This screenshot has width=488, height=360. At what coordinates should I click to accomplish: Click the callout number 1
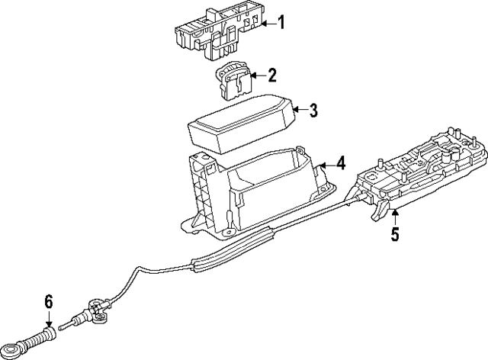tap(280, 24)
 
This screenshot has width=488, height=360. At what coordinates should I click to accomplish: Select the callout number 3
tap(313, 111)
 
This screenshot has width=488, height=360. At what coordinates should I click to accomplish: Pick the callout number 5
tap(394, 235)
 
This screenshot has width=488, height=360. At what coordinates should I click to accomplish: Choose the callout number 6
tap(50, 302)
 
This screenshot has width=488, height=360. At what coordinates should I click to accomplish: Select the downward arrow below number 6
tap(50, 322)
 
